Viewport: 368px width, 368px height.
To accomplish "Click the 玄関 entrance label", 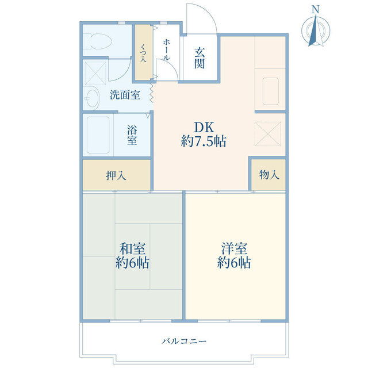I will tap(200, 57).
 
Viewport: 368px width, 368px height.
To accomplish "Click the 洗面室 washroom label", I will tap(125, 95).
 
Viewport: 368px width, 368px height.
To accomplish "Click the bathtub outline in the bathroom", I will tap(97, 135).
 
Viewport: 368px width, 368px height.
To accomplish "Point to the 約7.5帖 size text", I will tap(203, 141).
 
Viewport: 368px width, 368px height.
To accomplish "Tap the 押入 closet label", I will tap(116, 175).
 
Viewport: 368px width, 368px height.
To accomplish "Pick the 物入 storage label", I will tap(269, 174).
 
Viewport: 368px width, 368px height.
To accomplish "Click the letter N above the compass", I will tap(315, 9).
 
